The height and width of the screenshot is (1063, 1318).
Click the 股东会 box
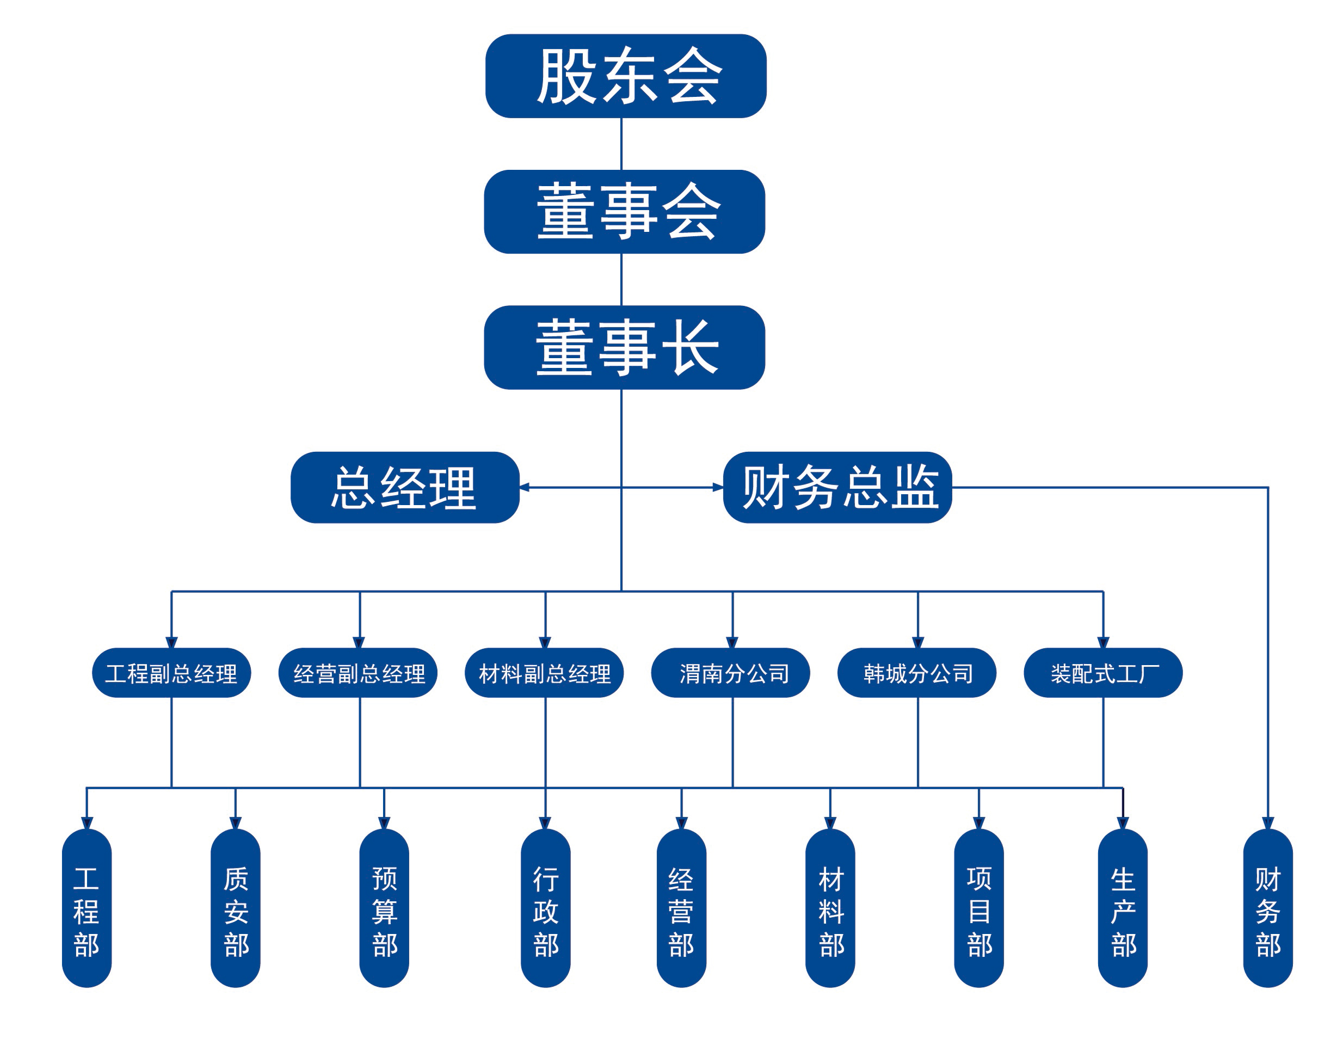point(625,76)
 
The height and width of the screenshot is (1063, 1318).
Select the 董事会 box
point(624,212)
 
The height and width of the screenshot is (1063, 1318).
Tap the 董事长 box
point(624,347)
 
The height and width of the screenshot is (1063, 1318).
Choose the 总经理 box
point(405,488)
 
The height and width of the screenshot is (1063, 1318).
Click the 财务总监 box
point(837,488)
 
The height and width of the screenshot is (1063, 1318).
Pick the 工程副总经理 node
point(171,673)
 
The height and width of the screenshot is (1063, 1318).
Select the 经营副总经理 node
point(358,673)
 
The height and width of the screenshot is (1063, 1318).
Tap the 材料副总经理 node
point(544,673)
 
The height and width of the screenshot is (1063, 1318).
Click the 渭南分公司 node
point(730,673)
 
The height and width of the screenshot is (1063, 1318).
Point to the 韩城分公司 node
point(916,673)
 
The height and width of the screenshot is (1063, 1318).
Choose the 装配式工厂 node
point(1103,673)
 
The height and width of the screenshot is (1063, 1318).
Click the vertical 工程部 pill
point(87,908)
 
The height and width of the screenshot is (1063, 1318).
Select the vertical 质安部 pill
point(235,908)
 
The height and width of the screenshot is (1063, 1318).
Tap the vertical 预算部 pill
point(384,908)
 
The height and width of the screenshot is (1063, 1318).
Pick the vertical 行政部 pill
point(545,908)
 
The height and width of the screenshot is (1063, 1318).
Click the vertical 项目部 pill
point(978,908)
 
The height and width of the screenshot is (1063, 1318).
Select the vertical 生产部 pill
point(1122,908)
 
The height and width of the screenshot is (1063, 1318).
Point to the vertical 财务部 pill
point(1267,908)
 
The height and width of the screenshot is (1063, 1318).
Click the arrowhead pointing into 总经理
point(525,488)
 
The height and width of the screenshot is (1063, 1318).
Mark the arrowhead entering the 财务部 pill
point(1267,823)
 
